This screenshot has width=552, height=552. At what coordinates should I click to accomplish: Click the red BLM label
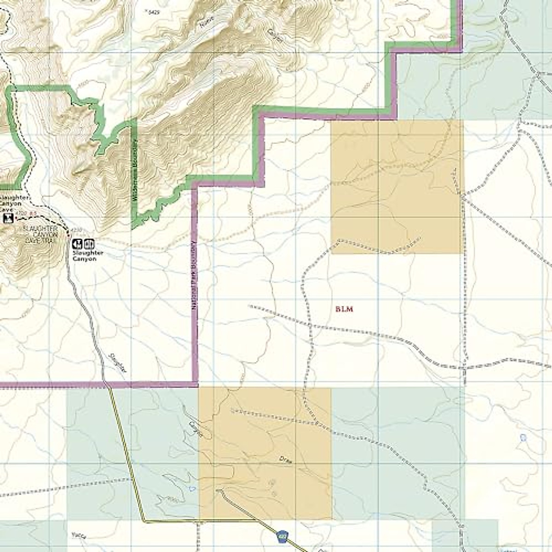coord(344,309)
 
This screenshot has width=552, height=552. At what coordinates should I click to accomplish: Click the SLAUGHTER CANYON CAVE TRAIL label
coord(41,235)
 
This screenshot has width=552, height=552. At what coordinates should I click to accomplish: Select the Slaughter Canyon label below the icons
coord(85,256)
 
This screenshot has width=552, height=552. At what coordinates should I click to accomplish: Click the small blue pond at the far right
coord(523,437)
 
